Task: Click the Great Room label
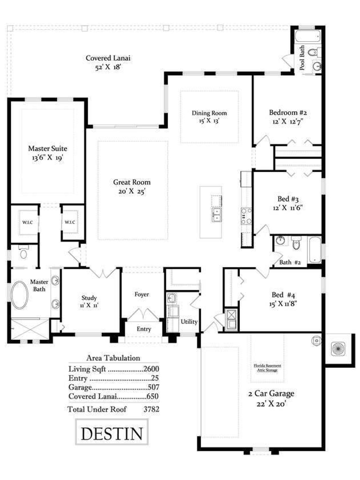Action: tap(132, 182)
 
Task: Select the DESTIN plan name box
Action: tap(112, 433)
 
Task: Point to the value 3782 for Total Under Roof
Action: tap(151, 409)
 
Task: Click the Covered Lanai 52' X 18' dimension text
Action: tap(108, 67)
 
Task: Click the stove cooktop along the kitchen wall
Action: tap(246, 216)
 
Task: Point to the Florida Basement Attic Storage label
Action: tap(267, 368)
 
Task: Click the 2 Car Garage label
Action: tap(271, 393)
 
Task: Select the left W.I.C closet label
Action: tap(28, 222)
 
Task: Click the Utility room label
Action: tap(189, 322)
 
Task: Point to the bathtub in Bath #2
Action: tap(314, 250)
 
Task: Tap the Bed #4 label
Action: tap(283, 295)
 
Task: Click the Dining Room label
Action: tap(209, 113)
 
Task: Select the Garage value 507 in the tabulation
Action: tap(154, 387)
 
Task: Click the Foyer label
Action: tap(141, 294)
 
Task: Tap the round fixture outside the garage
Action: tap(338, 348)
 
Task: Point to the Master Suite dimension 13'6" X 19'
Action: tap(48, 158)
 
